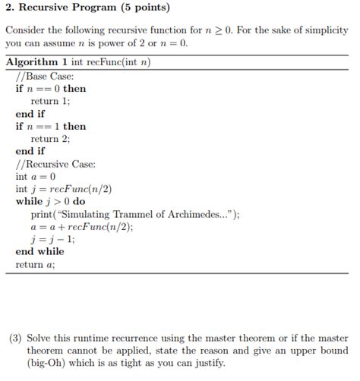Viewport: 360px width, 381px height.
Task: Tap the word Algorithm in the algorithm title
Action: [x=33, y=62]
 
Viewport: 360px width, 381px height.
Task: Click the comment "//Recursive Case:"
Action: [x=55, y=163]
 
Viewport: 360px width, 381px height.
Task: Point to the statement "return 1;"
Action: [x=50, y=101]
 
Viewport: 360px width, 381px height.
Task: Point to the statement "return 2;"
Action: [x=50, y=139]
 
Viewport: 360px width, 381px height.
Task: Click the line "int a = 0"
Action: [x=36, y=176]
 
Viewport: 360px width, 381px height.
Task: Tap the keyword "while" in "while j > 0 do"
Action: [x=30, y=201]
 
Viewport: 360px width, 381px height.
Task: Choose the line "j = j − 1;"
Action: [x=52, y=239]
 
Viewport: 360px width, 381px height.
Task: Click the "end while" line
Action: [x=39, y=251]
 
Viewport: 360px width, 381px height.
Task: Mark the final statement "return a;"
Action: [x=35, y=265]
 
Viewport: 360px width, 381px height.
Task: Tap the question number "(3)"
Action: [x=14, y=338]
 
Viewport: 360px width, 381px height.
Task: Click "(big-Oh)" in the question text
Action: [x=47, y=364]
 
